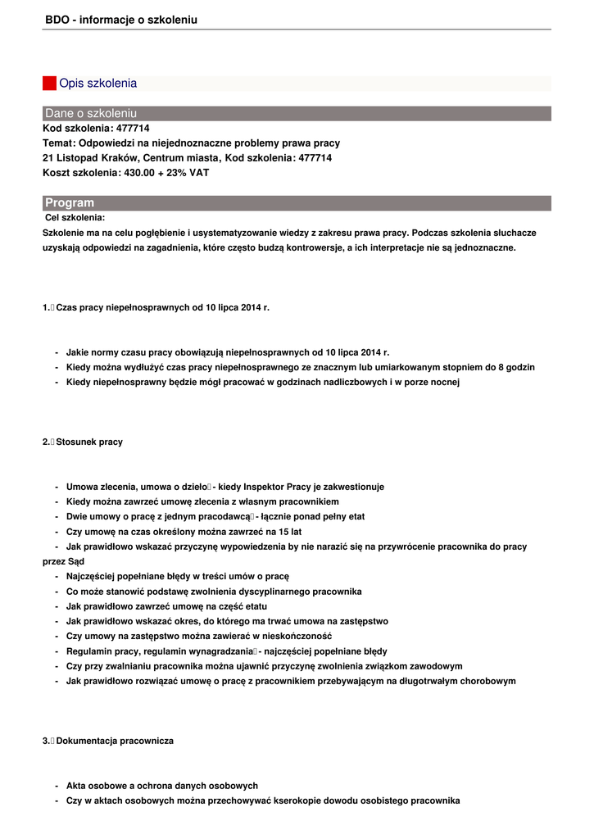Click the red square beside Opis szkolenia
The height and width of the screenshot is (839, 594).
49,83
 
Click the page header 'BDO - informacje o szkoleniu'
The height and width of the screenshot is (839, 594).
121,20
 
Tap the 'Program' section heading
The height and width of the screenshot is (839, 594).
70,202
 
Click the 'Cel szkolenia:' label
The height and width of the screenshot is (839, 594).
75,217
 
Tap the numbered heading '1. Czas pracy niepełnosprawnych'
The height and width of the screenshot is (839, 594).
156,307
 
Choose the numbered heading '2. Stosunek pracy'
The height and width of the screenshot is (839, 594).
83,442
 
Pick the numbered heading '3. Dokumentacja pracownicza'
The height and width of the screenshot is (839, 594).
108,741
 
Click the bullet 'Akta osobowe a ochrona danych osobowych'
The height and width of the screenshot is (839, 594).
161,786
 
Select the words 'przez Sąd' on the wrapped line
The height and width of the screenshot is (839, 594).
64,561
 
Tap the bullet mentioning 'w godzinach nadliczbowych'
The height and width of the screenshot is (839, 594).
262,382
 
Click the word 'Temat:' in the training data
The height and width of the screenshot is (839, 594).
58,143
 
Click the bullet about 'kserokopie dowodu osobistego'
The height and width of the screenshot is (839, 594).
262,800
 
